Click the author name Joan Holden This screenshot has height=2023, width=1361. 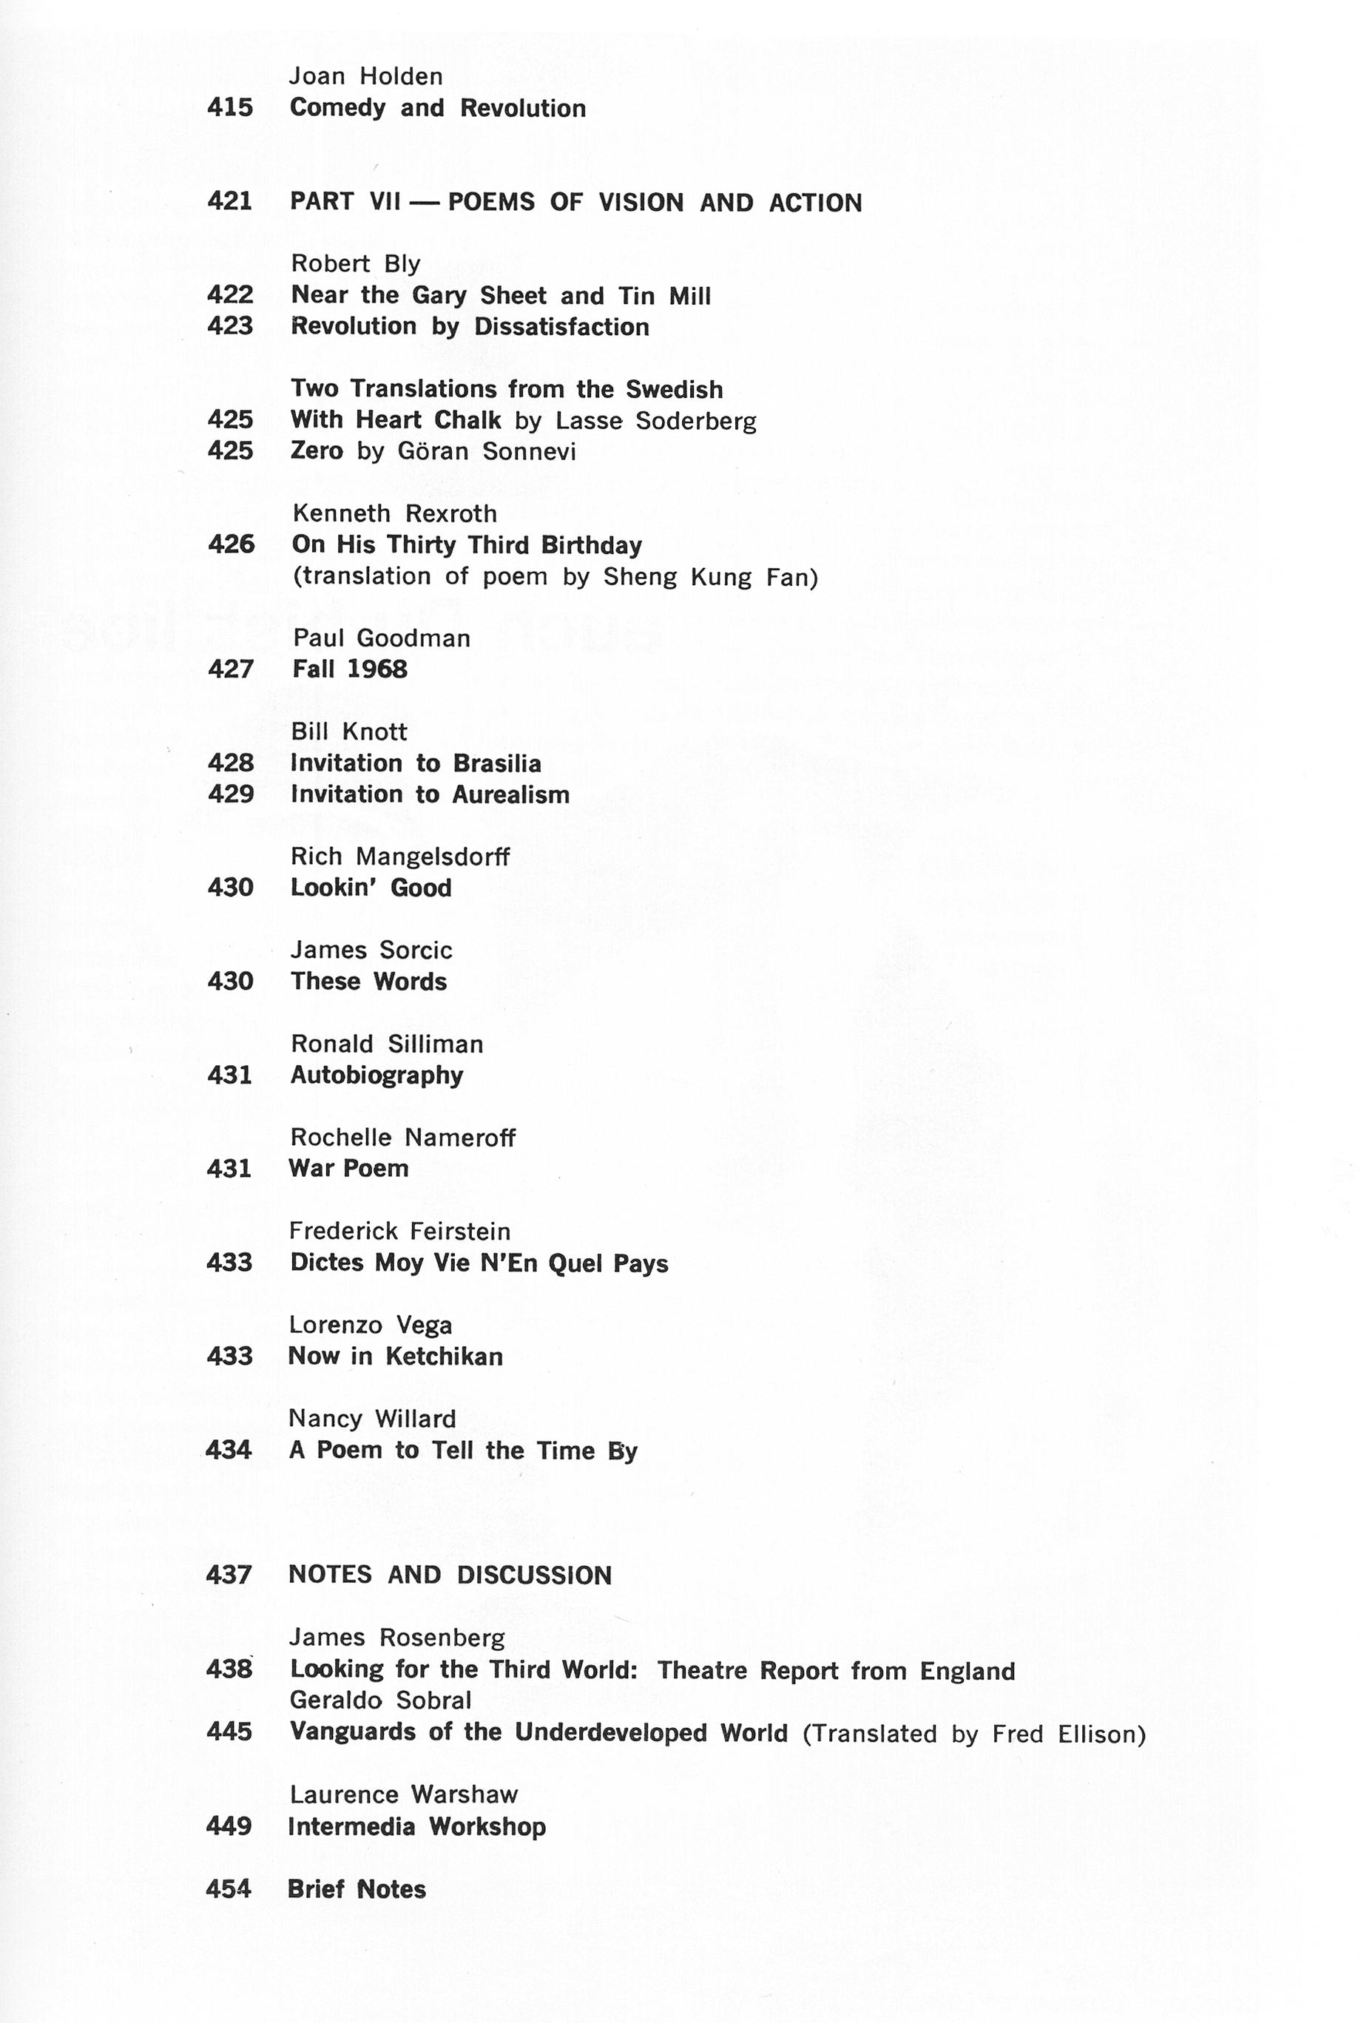[366, 76]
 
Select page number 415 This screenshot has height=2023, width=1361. [230, 107]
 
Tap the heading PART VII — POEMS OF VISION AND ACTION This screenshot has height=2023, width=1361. [575, 202]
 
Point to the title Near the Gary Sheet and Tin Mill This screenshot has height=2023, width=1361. [501, 296]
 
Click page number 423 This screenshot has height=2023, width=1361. [230, 326]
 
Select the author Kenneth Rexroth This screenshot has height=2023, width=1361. [394, 514]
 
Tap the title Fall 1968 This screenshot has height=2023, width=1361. [350, 669]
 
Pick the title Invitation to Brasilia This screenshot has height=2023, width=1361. [416, 764]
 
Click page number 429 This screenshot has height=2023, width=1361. [230, 795]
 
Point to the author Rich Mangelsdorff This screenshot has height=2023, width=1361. [400, 857]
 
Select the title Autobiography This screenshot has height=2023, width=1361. [376, 1075]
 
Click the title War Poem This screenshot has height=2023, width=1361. [349, 1168]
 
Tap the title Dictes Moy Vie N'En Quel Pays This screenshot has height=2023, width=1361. [479, 1263]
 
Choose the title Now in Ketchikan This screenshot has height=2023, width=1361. [396, 1356]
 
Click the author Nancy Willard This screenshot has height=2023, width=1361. [372, 1419]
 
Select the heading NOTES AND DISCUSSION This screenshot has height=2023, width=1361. [450, 1575]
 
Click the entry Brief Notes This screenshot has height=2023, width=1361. [357, 1889]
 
